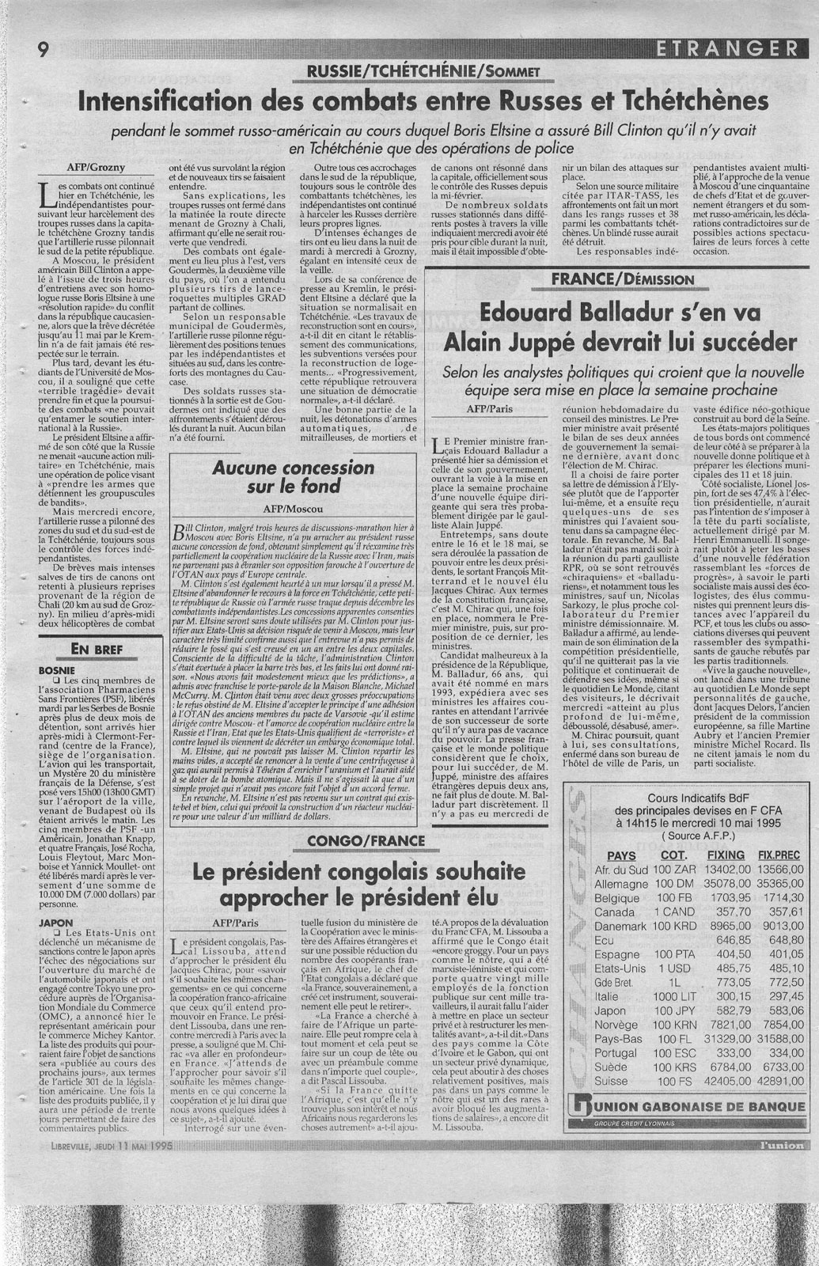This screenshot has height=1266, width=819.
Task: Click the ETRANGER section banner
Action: [x=726, y=50]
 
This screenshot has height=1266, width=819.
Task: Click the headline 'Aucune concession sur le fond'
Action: [x=293, y=476]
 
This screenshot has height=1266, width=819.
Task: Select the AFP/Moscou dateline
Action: [x=293, y=510]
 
